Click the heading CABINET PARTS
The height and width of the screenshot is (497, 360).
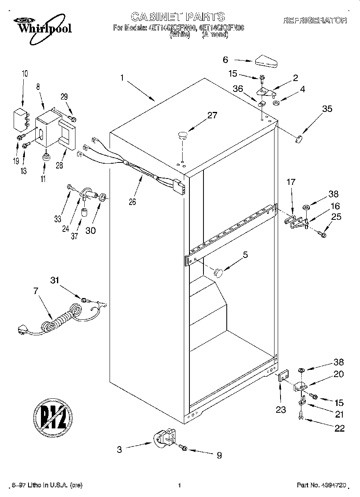[178, 16]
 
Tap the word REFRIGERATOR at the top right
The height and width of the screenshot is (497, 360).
[315, 20]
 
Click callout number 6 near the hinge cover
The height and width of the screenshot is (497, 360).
[226, 60]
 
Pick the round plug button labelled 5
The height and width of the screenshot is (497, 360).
[218, 272]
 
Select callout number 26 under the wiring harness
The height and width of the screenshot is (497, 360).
[132, 202]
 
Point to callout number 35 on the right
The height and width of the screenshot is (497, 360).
[327, 108]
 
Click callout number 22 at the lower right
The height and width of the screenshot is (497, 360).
[339, 428]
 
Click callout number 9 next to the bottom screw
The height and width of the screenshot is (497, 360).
[219, 455]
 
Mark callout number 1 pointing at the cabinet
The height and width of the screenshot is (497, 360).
[122, 78]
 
